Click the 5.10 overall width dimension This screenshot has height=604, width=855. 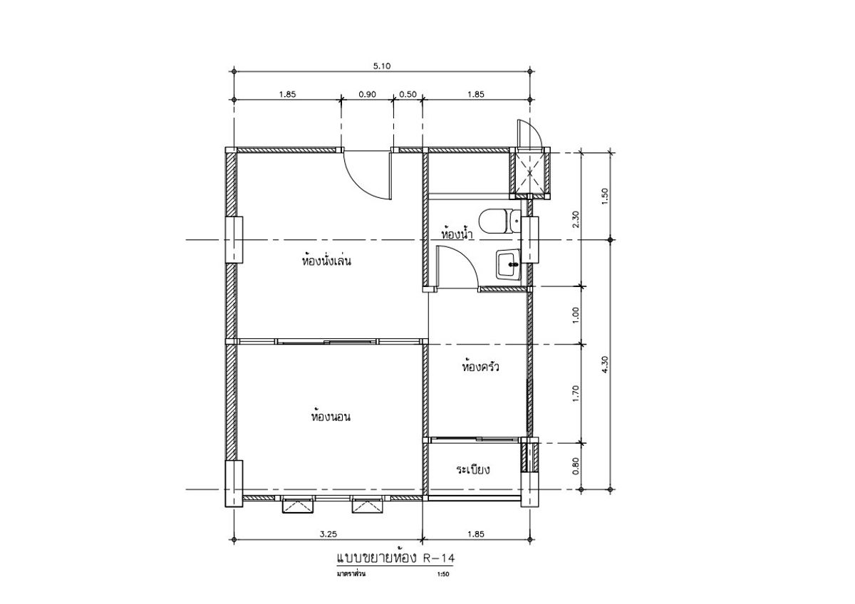coord(382,66)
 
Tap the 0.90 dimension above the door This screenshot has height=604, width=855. coord(367,94)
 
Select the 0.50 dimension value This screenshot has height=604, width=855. coord(408,94)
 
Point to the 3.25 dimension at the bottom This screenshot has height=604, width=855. coord(328,534)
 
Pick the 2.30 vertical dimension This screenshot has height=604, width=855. coord(576,219)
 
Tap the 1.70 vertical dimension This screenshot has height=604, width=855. coord(576,394)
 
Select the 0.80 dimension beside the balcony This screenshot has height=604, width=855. coord(576,466)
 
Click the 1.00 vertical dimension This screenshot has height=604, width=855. coord(576,315)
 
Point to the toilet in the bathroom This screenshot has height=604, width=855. coord(500,222)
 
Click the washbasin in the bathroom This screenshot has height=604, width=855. coord(508,264)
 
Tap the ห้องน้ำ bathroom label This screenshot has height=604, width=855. coord(457,233)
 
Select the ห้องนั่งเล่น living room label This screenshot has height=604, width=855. coord(326,261)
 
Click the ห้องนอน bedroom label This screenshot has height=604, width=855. coord(331,416)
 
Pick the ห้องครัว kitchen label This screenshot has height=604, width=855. coord(480,367)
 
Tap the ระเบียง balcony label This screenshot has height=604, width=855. coord(473,469)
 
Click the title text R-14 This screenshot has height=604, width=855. coord(440,558)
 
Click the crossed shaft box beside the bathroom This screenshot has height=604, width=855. coord(530,174)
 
